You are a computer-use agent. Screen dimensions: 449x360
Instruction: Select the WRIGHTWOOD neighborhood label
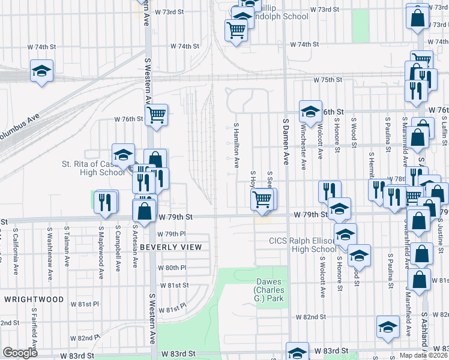(x=34, y=299)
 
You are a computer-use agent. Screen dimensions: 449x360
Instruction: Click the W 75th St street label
(x=327, y=79)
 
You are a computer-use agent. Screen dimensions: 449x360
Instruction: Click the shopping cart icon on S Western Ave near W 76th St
(x=156, y=113)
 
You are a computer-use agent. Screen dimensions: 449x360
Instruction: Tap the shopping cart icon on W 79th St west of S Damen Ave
(x=262, y=199)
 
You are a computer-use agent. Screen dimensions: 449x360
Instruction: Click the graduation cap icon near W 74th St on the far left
(x=42, y=71)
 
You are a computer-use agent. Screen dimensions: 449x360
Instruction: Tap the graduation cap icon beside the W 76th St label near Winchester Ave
(x=310, y=111)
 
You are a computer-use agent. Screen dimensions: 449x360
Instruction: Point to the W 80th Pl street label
(x=173, y=268)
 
